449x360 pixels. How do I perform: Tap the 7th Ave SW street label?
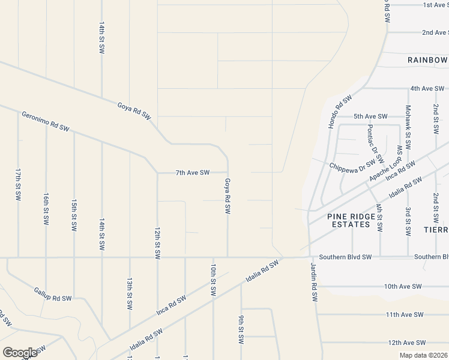192,173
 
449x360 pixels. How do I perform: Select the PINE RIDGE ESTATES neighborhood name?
349,220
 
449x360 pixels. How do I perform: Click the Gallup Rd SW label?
53,293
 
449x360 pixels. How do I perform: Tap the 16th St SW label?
46,209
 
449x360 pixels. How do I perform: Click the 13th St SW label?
129,294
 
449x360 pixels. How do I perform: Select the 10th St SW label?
212,280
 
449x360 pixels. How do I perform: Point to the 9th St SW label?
241,329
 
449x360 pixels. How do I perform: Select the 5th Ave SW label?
370,116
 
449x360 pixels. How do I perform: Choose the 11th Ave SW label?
405,314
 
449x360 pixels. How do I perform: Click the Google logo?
20,352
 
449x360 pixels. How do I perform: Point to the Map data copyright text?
424,355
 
